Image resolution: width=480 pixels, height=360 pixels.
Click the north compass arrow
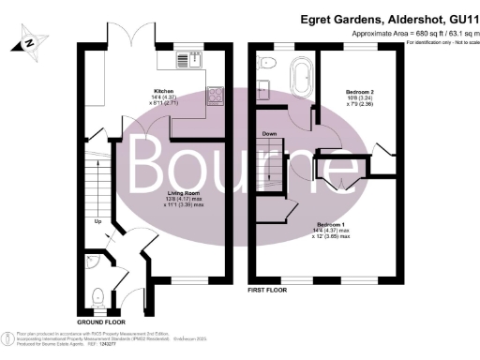coord(32,41)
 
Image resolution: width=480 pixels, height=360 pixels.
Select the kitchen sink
coord(195,61)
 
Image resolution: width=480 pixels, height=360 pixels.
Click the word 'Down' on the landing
coord(271,135)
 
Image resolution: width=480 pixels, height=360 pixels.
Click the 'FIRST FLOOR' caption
coord(267,292)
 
